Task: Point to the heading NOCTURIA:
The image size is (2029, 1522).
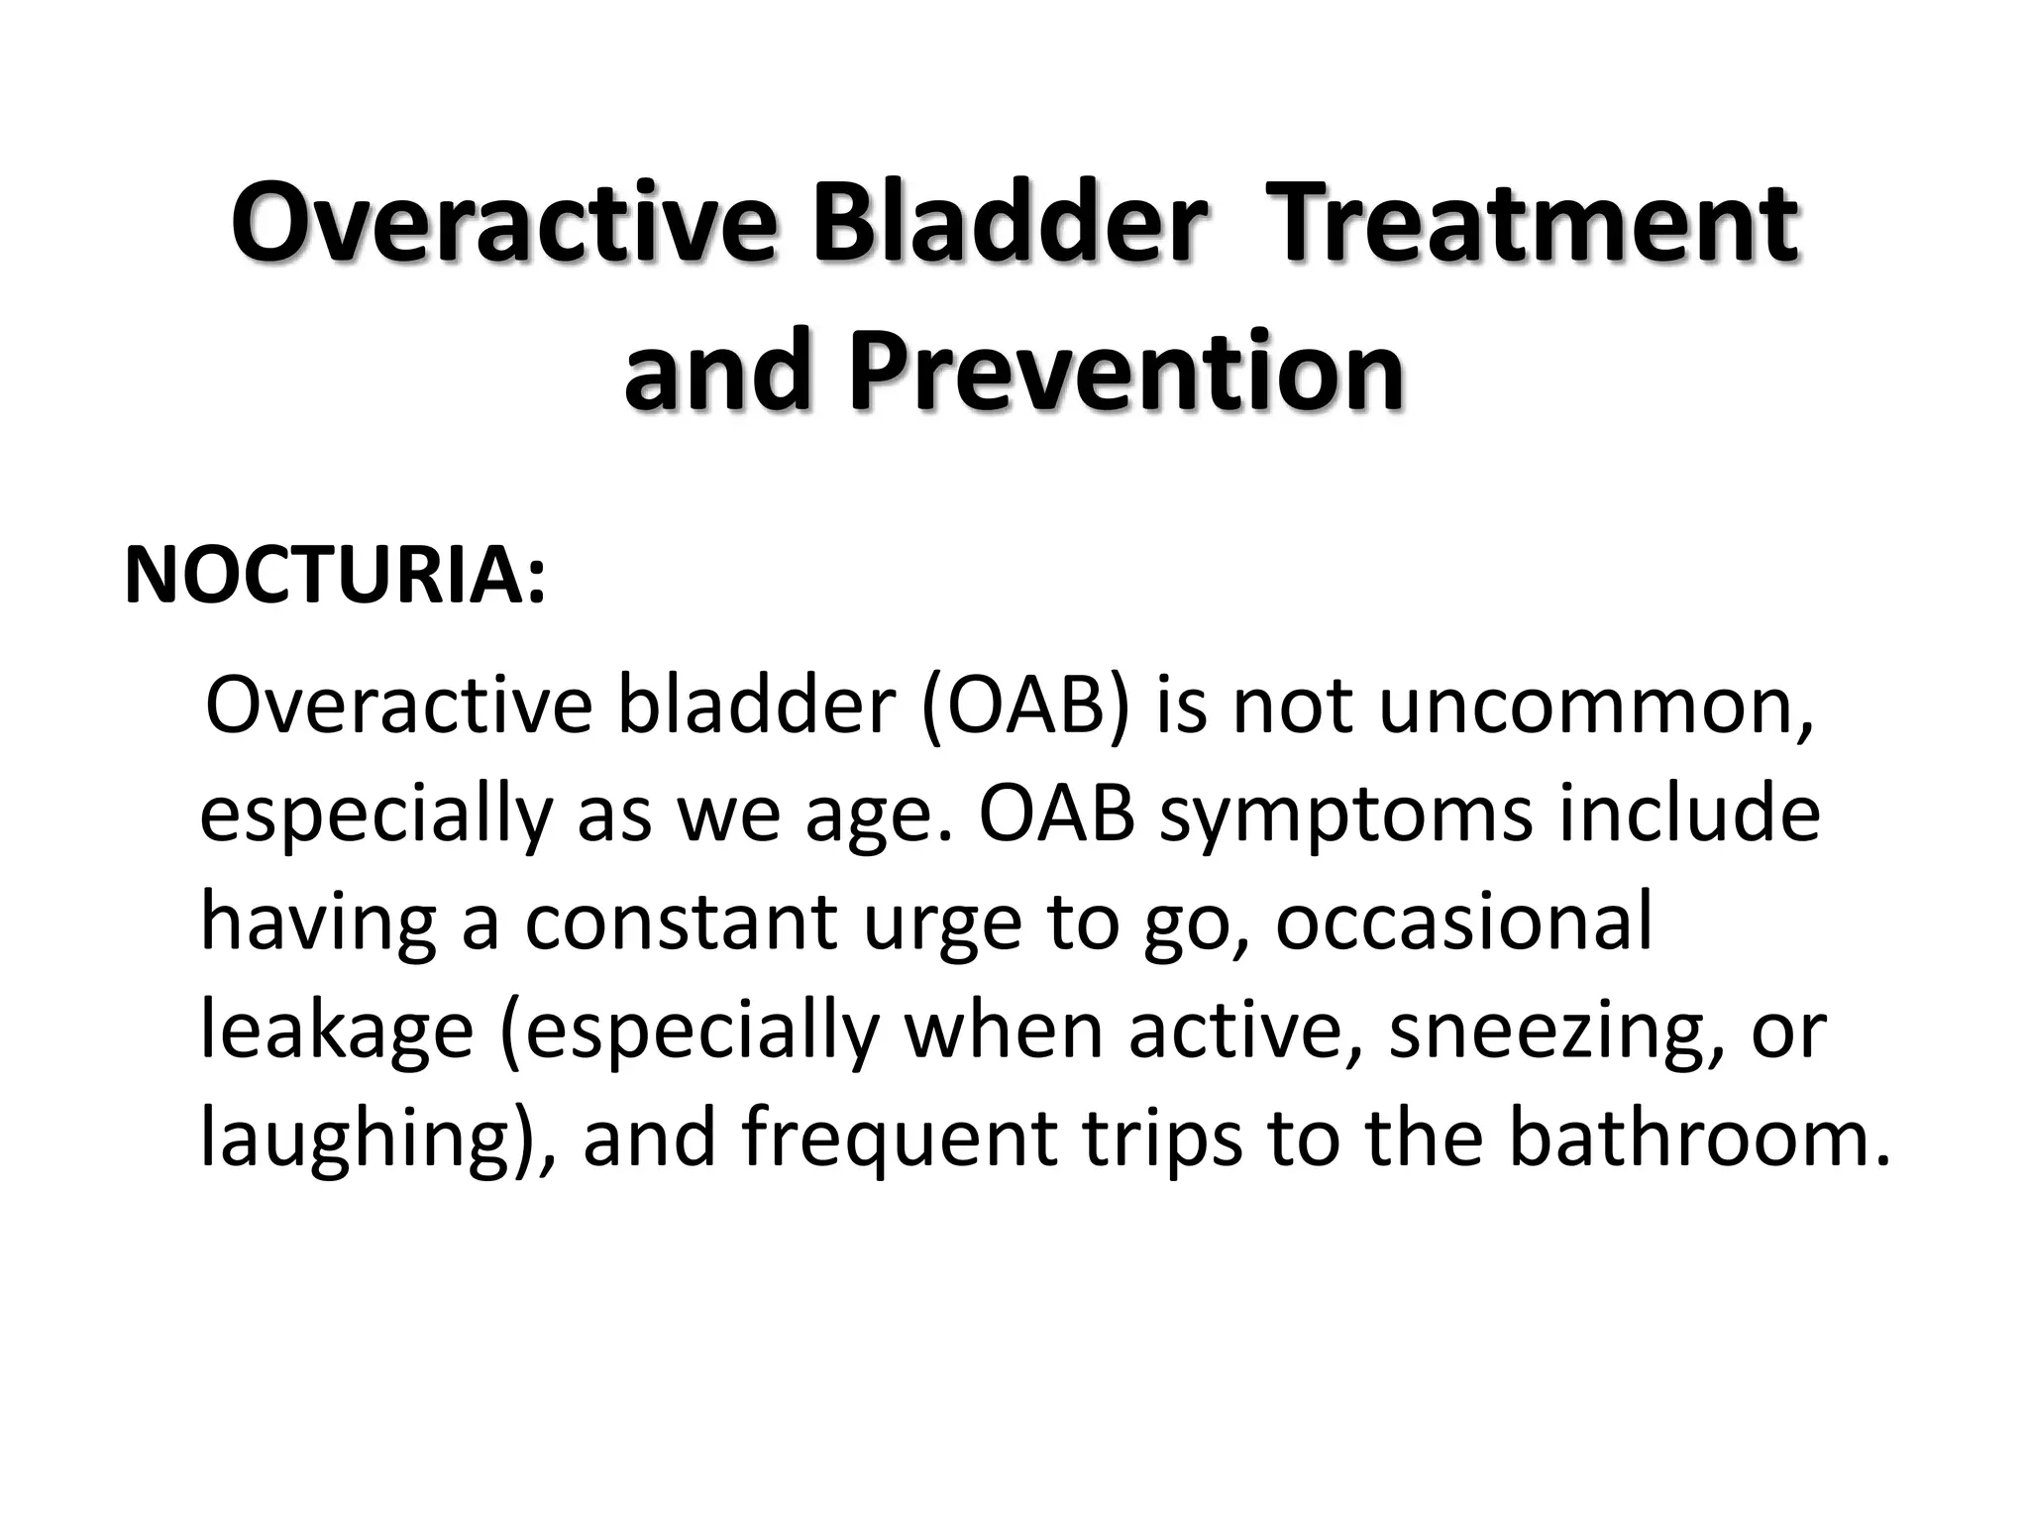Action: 335,575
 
